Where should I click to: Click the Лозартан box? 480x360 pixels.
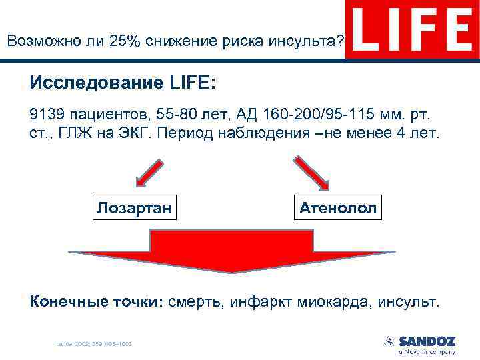point(135,208)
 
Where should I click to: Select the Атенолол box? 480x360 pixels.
point(338,208)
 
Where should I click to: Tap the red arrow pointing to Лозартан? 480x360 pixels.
point(151,172)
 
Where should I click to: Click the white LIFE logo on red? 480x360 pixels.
point(411,29)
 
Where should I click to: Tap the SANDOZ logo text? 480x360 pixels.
point(427,341)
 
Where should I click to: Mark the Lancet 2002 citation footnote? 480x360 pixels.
point(93,344)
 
